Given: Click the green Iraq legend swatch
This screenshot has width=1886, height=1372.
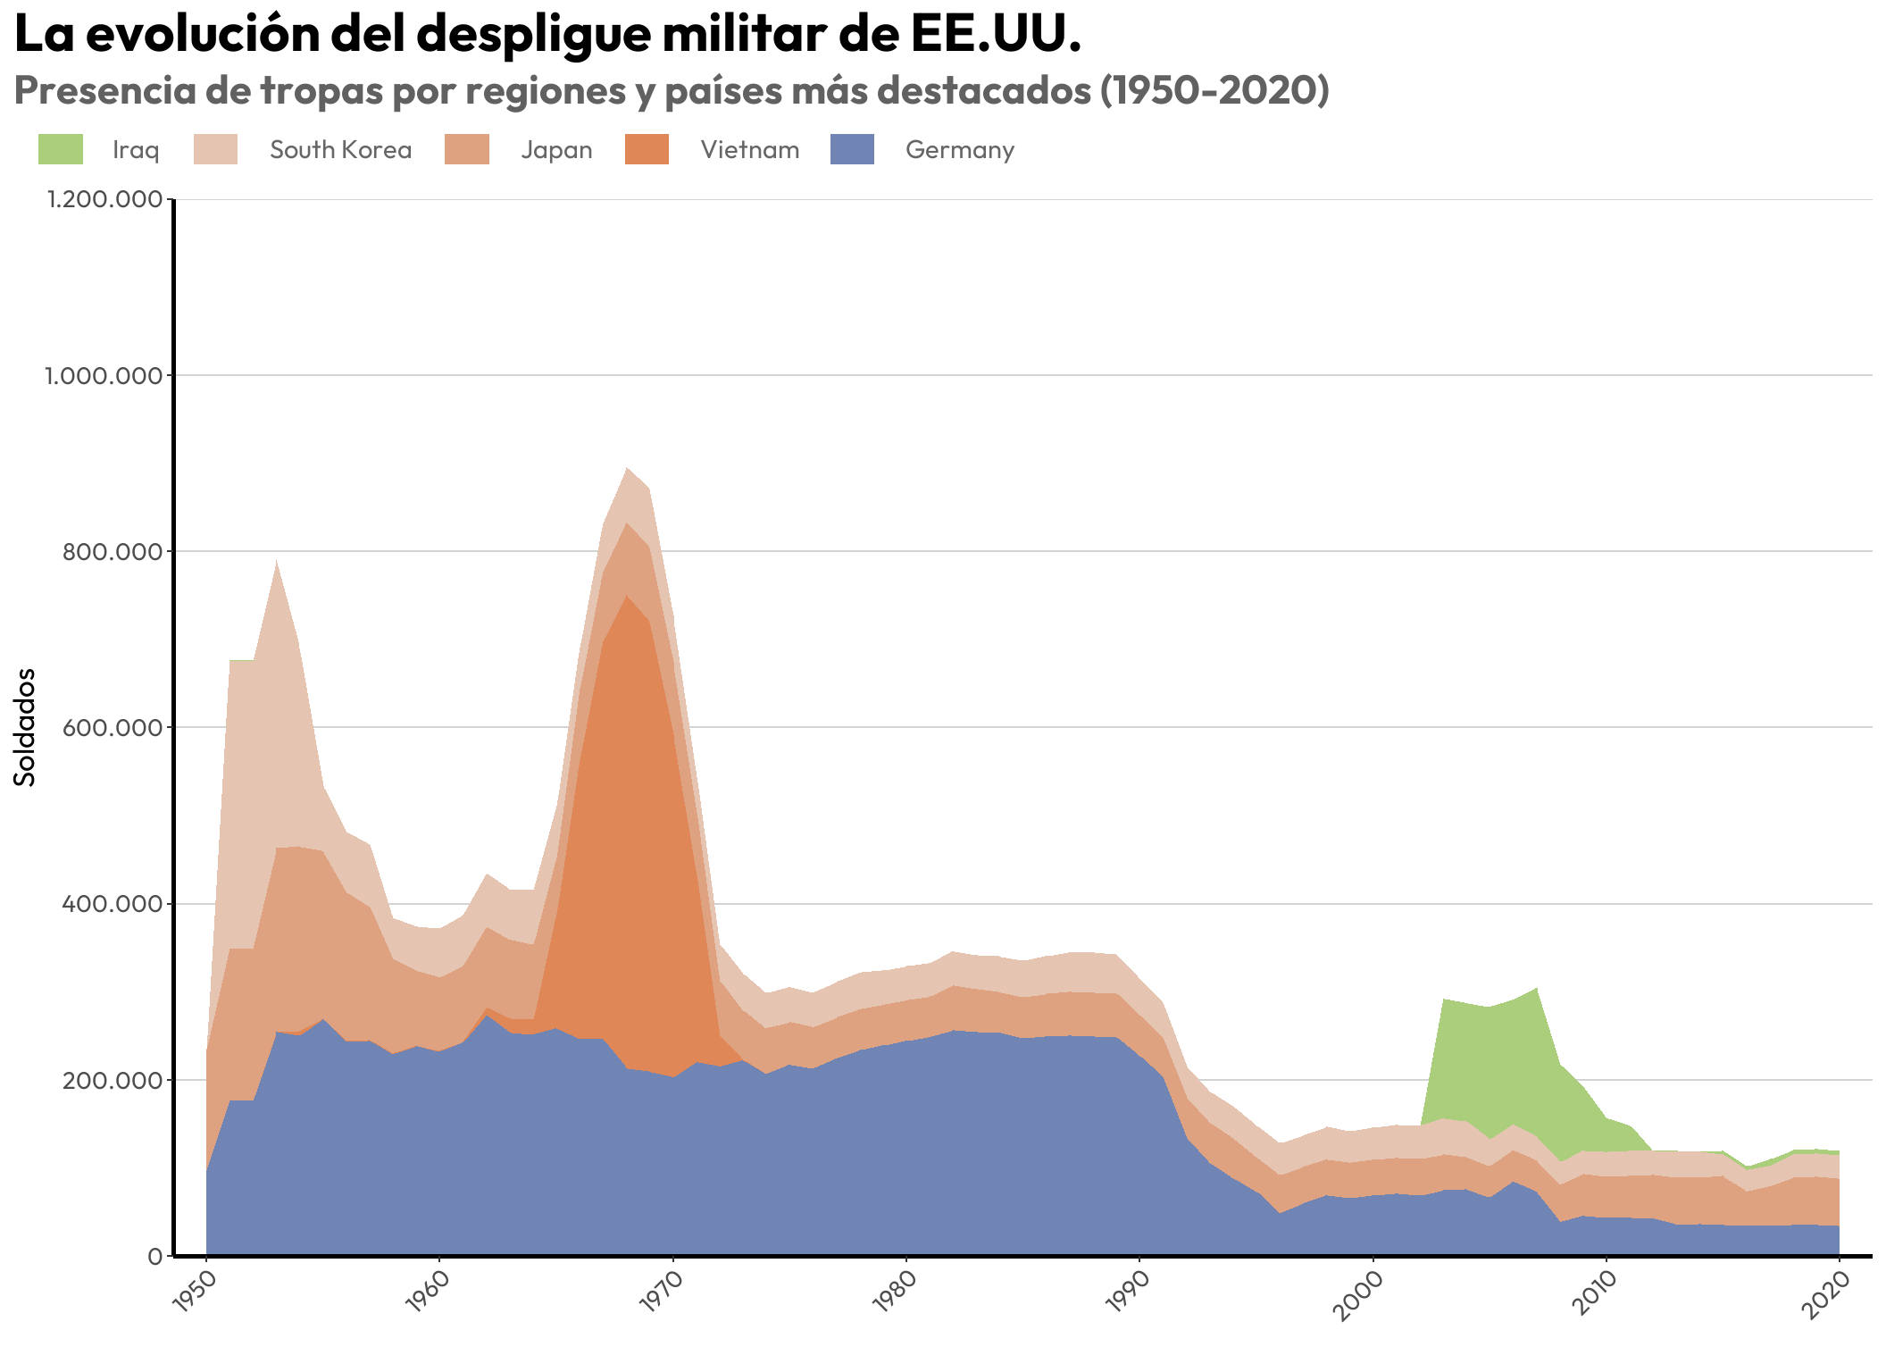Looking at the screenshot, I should tap(60, 149).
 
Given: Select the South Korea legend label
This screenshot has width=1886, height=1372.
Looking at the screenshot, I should tap(340, 150).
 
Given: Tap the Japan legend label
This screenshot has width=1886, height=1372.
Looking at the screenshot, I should tap(556, 150).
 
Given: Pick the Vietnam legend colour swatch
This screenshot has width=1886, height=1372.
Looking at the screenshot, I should tap(647, 149).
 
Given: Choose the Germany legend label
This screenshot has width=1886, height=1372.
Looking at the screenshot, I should tap(960, 150).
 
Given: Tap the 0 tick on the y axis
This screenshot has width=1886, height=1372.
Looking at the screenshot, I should tap(154, 1257).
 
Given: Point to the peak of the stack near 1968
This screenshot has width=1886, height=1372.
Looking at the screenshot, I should tap(627, 468).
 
